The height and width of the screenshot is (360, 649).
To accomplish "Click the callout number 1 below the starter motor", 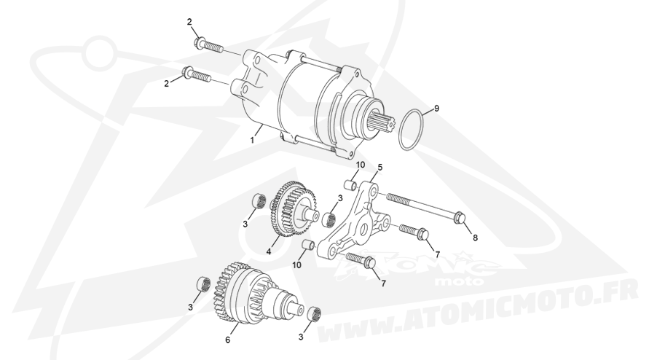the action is (x=252, y=141).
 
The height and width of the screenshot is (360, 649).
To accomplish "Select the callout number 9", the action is (x=436, y=109).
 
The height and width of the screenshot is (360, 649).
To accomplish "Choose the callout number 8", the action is (x=475, y=238).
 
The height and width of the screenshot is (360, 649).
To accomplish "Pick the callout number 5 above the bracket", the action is (x=380, y=168).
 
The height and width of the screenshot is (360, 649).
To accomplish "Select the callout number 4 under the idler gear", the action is (x=268, y=251).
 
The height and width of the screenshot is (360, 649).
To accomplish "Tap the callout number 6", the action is (x=227, y=340).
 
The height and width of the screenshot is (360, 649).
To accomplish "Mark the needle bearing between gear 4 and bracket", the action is (x=330, y=219).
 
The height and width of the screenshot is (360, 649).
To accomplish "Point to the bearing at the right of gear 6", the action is (x=316, y=313).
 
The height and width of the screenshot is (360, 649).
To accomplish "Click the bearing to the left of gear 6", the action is (x=202, y=286).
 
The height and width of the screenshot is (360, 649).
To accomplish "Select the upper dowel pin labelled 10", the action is (x=351, y=184).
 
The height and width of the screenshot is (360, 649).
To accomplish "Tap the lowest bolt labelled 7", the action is (x=361, y=260).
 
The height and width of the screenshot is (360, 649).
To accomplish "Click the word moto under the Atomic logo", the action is (x=460, y=281).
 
